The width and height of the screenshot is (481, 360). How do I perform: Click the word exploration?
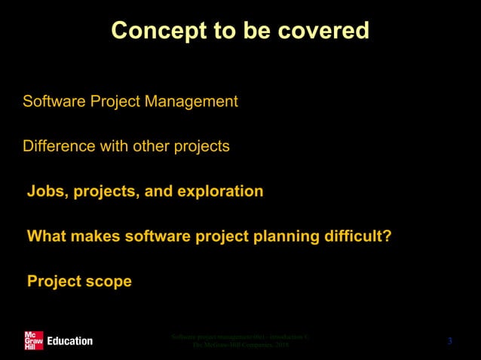click(x=220, y=191)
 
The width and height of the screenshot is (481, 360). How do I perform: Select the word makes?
click(x=98, y=236)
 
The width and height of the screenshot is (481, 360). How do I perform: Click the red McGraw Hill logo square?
click(x=33, y=340)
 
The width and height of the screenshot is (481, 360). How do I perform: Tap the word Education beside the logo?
click(x=69, y=341)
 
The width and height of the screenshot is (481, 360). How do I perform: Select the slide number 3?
click(x=449, y=342)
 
